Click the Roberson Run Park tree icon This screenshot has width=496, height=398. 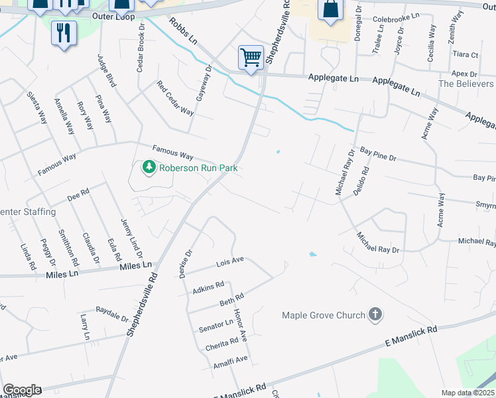[x=149, y=167]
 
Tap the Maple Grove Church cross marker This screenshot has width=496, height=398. [x=375, y=314]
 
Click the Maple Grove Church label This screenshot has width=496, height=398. [x=324, y=315]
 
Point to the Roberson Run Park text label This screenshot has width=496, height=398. [x=198, y=168]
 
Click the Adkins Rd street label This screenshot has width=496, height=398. [x=208, y=287]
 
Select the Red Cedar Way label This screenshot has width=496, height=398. [x=175, y=98]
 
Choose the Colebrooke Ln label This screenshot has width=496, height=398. [x=397, y=17]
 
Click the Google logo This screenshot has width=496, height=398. [x=21, y=390]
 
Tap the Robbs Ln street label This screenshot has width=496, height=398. [x=183, y=31]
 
